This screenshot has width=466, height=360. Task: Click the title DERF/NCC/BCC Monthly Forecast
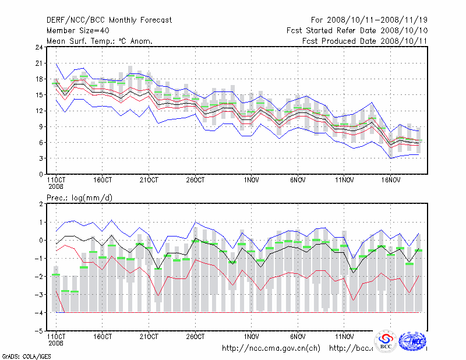pyautogui.click(x=109, y=20)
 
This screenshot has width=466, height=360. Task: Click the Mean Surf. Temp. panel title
pyautogui.click(x=100, y=41)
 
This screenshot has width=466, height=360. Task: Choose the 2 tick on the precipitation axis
pyautogui.click(x=40, y=204)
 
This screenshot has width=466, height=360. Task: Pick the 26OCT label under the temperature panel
pyautogui.click(x=195, y=179)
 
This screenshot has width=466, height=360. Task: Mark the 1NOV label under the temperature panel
pyautogui.click(x=252, y=179)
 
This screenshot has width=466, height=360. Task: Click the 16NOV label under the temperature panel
pyautogui.click(x=390, y=179)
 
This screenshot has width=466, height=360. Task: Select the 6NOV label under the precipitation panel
pyautogui.click(x=298, y=336)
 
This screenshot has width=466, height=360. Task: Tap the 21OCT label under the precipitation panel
pyautogui.click(x=149, y=336)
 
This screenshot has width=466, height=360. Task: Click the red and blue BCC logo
pyautogui.click(x=386, y=341)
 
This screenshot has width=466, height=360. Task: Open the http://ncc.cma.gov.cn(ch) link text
pyautogui.click(x=271, y=348)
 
